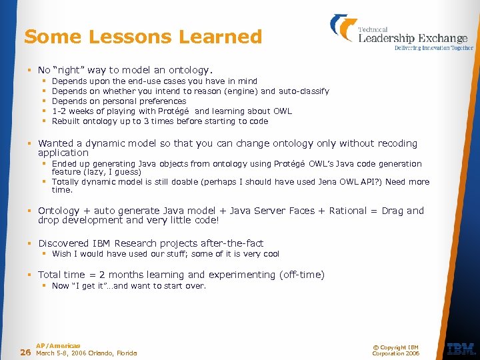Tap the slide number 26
pyautogui.click(x=25, y=352)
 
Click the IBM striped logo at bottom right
pyautogui.click(x=461, y=349)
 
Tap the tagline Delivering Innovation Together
pyautogui.click(x=434, y=48)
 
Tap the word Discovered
pyautogui.click(x=63, y=243)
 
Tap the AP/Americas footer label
pyautogui.click(x=58, y=345)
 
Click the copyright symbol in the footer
pyautogui.click(x=375, y=346)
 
